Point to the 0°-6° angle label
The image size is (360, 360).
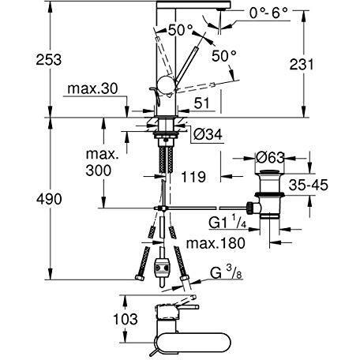268,12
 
